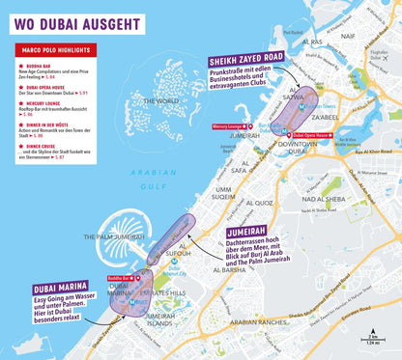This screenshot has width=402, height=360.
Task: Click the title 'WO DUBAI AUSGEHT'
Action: (x=77, y=22)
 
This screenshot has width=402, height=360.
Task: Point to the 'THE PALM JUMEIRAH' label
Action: (x=115, y=236)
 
